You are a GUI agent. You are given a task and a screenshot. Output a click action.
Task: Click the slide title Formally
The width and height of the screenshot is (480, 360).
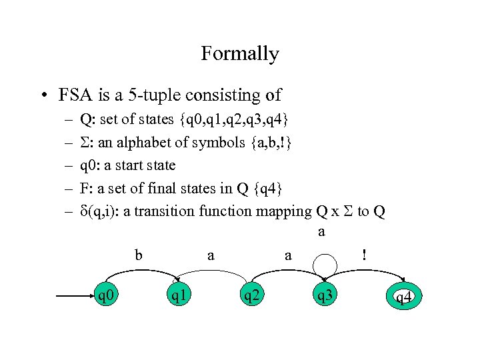240,53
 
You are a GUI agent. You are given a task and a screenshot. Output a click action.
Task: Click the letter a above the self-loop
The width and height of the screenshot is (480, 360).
321,232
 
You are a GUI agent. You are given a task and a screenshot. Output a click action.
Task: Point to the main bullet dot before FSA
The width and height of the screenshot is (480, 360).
43,96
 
